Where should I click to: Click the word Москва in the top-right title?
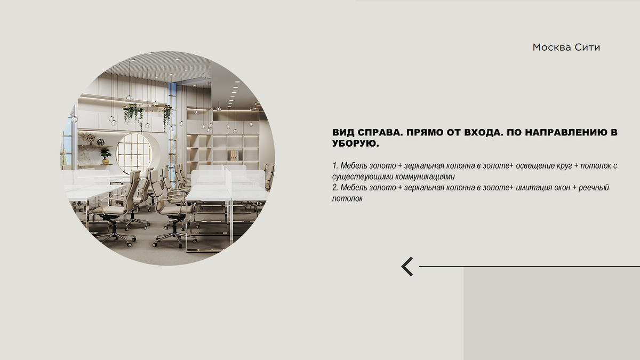tap(551, 47)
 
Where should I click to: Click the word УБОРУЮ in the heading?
tap(355, 143)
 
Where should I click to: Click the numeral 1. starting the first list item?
tap(335, 165)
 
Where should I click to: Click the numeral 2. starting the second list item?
tap(335, 187)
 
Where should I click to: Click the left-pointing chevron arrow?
tap(407, 267)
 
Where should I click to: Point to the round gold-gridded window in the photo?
tap(134, 154)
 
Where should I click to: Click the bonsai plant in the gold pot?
tap(106, 156)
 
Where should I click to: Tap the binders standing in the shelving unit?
tap(234, 155)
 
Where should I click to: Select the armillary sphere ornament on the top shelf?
tap(91, 139)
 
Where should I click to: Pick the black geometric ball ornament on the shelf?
tap(101, 142)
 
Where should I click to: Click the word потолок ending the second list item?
tap(347, 198)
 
